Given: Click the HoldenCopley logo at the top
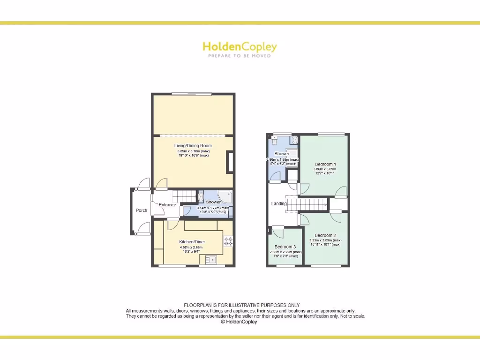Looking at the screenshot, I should pyautogui.click(x=240, y=47).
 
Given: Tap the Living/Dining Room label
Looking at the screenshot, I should pyautogui.click(x=193, y=146).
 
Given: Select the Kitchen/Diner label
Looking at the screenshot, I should pyautogui.click(x=192, y=241).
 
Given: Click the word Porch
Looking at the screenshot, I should pyautogui.click(x=142, y=210).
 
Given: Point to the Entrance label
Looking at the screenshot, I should pyautogui.click(x=167, y=205).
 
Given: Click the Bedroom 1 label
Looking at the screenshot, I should pyautogui.click(x=325, y=164).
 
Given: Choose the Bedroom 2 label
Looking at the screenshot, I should pyautogui.click(x=325, y=235).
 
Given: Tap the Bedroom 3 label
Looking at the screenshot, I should pyautogui.click(x=285, y=247).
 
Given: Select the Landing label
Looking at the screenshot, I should pyautogui.click(x=279, y=204).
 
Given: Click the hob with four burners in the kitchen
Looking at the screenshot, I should pyautogui.click(x=228, y=241).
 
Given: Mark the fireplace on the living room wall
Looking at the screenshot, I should pyautogui.click(x=230, y=162).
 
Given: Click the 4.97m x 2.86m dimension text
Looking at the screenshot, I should pyautogui.click(x=192, y=247).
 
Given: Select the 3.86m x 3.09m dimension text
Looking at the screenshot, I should pyautogui.click(x=325, y=169).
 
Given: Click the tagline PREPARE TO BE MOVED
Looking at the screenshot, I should pyautogui.click(x=240, y=56).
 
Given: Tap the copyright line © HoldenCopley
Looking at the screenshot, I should pyautogui.click(x=239, y=322).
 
